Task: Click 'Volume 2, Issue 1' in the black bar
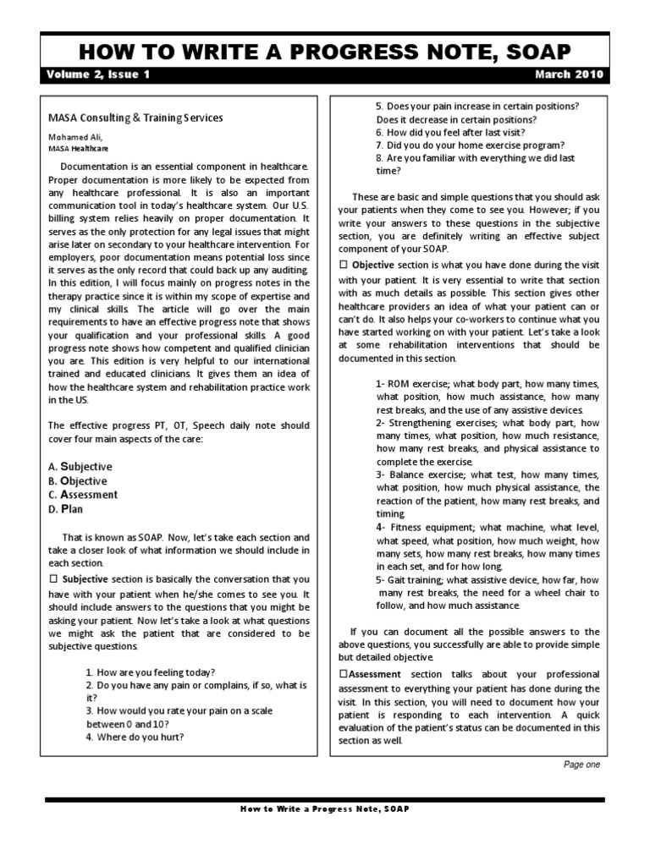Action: (99, 74)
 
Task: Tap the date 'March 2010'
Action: (570, 74)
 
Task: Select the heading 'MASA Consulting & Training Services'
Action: (135, 118)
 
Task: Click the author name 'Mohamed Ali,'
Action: (77, 136)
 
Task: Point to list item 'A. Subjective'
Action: (80, 467)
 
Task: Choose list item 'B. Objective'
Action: (78, 481)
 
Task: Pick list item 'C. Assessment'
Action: (83, 495)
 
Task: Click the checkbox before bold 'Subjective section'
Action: (52, 579)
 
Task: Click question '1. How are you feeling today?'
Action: (150, 671)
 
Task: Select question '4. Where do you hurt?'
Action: (135, 736)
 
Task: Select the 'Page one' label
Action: (581, 765)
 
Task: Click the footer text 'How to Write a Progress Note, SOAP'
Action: (324, 808)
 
